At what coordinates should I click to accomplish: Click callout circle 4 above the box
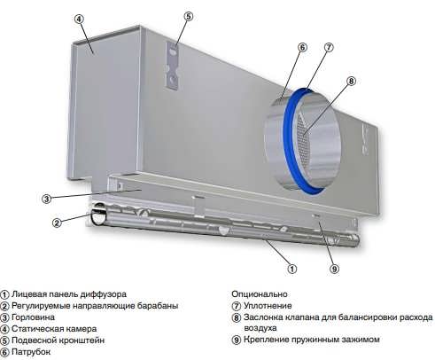click(x=79, y=19)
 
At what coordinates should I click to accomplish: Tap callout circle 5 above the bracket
click(x=188, y=16)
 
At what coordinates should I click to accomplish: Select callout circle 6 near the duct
click(x=302, y=48)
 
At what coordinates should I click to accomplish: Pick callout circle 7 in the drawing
click(x=329, y=47)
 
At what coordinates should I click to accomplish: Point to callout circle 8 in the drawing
click(x=351, y=81)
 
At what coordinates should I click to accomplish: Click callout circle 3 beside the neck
click(x=46, y=199)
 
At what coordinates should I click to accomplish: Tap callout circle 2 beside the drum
click(x=57, y=223)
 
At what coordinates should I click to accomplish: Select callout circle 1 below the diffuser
click(x=291, y=269)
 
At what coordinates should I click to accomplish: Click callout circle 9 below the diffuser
click(x=334, y=269)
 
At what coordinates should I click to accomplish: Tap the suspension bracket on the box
click(x=173, y=65)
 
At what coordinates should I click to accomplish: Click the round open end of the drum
click(x=97, y=216)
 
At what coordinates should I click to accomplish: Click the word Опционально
click(x=260, y=294)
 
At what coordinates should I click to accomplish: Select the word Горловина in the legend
click(x=33, y=317)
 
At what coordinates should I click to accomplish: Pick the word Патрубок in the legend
click(x=31, y=352)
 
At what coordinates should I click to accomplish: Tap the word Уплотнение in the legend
click(x=268, y=306)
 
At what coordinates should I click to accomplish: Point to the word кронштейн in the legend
click(x=81, y=340)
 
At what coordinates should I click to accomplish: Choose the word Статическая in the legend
click(x=36, y=329)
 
